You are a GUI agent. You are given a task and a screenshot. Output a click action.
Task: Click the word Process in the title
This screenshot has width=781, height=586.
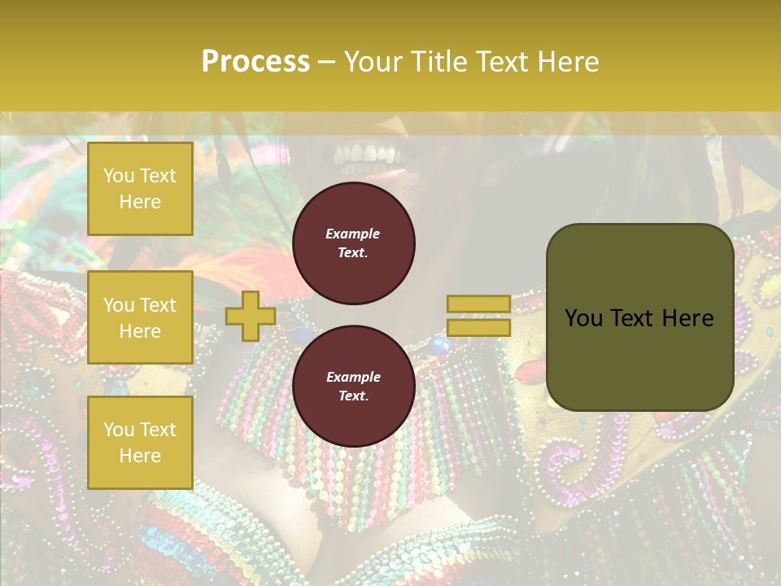(x=255, y=61)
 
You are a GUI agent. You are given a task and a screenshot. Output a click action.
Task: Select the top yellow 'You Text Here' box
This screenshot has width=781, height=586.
(x=140, y=189)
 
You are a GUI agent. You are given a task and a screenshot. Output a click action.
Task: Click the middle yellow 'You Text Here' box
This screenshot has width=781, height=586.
(x=140, y=317)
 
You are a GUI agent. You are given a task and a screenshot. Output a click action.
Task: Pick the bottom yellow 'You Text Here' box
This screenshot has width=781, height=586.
(x=140, y=443)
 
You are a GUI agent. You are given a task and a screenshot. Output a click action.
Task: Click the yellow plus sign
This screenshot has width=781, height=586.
(x=251, y=316)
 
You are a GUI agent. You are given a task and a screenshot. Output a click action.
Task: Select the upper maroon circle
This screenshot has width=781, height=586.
(x=354, y=243)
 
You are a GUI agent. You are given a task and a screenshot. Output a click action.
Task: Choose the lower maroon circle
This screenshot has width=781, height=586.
(x=354, y=386)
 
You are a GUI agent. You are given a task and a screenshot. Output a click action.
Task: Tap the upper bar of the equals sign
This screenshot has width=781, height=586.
(x=478, y=304)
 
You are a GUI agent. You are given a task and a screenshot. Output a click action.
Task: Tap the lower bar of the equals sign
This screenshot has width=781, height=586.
(x=478, y=327)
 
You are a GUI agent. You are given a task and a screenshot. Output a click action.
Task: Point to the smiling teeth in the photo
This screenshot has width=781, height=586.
(x=367, y=154)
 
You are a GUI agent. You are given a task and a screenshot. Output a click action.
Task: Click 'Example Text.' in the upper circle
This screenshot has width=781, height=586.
(x=353, y=243)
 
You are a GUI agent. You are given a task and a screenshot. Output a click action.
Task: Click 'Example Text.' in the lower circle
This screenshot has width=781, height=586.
(x=353, y=386)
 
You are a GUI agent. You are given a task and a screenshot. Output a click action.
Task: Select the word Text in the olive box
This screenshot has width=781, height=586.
(x=637, y=318)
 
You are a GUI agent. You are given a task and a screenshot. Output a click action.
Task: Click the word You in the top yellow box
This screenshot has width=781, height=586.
(x=119, y=176)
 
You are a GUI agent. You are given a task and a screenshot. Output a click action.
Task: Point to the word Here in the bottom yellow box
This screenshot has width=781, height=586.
(x=140, y=456)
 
